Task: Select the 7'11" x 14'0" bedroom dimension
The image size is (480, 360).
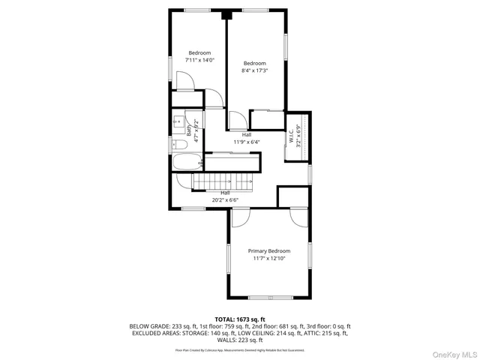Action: point(199,60)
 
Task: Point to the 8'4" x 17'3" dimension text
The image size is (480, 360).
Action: point(254,71)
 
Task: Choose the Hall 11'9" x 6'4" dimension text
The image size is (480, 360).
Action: point(246,141)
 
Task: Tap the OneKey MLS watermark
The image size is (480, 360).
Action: point(453,353)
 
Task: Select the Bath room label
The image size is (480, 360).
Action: point(189,128)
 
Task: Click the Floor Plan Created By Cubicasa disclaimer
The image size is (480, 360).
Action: point(240,349)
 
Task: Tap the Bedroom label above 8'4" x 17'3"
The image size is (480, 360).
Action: point(254,63)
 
